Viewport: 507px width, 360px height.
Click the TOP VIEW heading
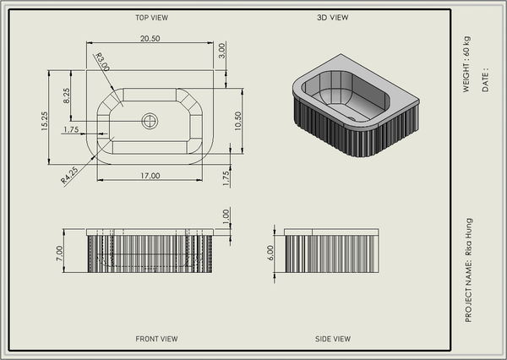(151, 18)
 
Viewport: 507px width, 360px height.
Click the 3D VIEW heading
(333, 18)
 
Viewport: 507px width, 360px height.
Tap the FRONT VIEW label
(156, 339)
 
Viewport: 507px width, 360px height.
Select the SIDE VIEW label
(333, 339)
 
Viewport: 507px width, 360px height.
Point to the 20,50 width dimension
(150, 39)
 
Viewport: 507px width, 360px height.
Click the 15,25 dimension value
(44, 121)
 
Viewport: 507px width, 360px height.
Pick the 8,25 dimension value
(66, 95)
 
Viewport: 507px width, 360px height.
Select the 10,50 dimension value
(238, 121)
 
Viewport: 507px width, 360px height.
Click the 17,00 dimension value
(150, 176)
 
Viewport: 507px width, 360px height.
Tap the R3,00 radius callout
(102, 62)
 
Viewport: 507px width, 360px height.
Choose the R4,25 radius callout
(69, 175)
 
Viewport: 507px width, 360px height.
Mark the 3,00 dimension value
(221, 51)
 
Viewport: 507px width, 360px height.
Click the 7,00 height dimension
(59, 254)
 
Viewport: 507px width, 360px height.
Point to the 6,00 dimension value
(270, 253)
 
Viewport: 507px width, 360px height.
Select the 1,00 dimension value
(226, 216)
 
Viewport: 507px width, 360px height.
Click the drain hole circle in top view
(150, 122)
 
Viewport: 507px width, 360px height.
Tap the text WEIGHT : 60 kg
(466, 64)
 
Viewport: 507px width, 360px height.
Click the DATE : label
(485, 80)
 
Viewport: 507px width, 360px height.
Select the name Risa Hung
(468, 237)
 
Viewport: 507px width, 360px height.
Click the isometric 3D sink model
(356, 106)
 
